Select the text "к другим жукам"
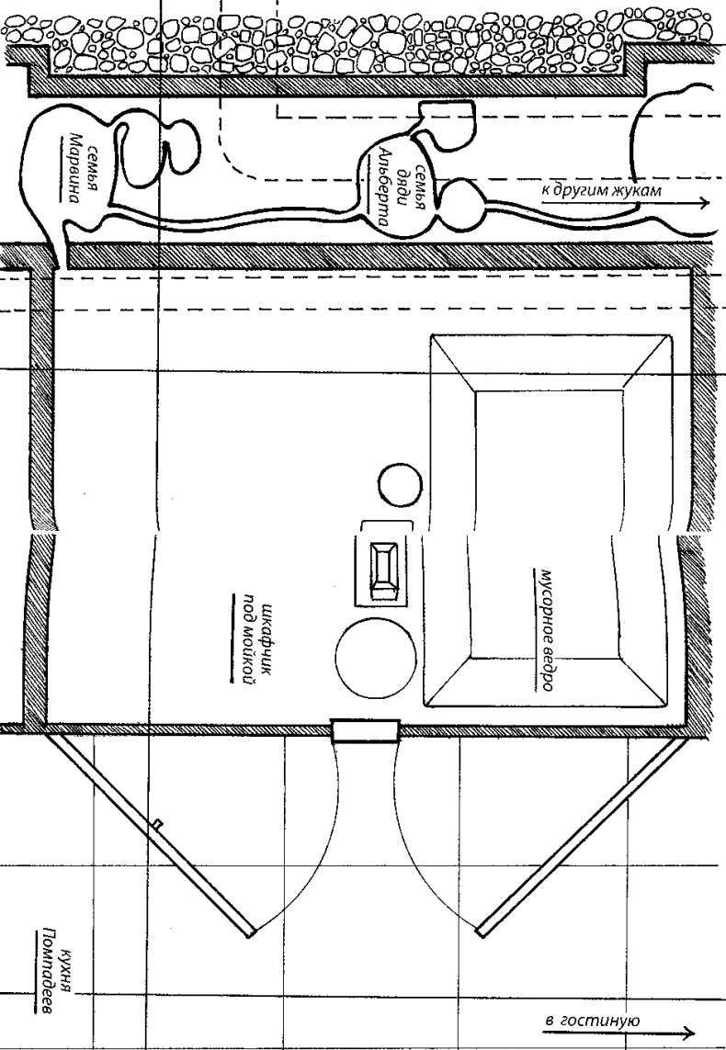[x=601, y=190]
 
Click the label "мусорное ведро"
[x=544, y=630]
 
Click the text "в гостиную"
[x=592, y=1020]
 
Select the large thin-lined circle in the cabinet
[x=375, y=659]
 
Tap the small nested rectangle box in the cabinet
[x=384, y=570]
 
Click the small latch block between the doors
[x=366, y=730]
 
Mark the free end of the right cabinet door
[x=481, y=931]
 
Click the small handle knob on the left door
[x=158, y=821]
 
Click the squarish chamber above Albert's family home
[x=447, y=125]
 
